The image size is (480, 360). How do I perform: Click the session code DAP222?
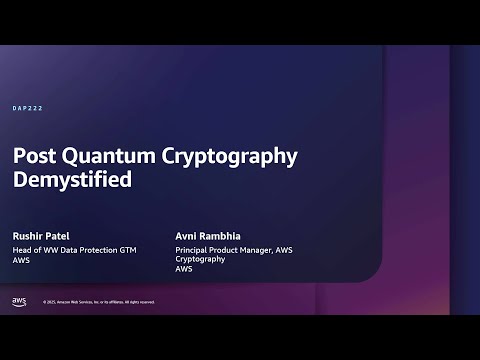click(27, 108)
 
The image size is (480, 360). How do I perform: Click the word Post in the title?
click(32, 157)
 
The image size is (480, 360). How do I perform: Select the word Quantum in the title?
click(98, 157)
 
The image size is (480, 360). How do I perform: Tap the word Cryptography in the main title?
click(214, 157)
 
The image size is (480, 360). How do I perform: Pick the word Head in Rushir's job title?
click(21, 248)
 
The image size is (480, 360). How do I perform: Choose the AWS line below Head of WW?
click(21, 258)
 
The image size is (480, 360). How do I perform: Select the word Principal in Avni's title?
click(193, 248)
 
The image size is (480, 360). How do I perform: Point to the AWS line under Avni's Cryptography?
click(184, 268)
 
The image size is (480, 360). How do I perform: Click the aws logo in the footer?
click(19, 301)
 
